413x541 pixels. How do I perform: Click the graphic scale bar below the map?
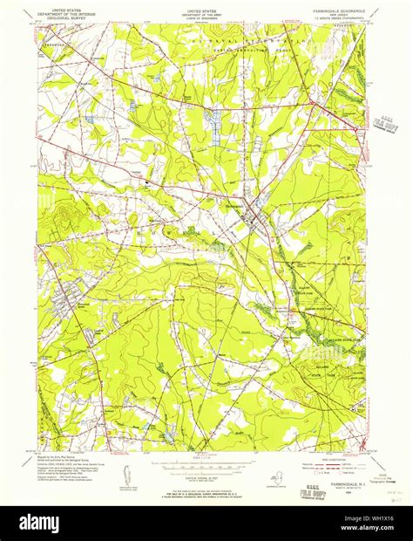(206, 460)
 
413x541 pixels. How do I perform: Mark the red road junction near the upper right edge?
(357, 129)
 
